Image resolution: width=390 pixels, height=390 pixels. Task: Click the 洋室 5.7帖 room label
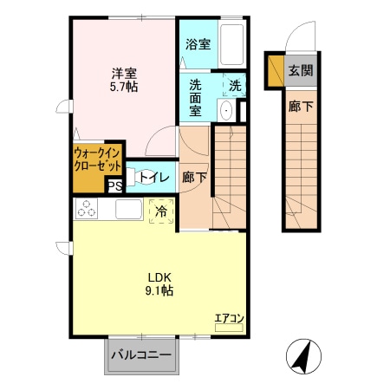click(124, 80)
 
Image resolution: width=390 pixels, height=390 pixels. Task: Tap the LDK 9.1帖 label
click(159, 284)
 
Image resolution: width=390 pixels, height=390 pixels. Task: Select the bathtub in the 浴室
click(231, 44)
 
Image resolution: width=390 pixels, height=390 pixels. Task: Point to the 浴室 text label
click(198, 44)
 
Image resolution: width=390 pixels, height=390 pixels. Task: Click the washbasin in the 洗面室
click(226, 110)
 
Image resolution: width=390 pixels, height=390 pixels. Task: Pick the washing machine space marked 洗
click(235, 85)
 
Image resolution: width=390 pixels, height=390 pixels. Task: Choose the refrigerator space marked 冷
click(161, 211)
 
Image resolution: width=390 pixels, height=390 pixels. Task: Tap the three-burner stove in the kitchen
click(87, 208)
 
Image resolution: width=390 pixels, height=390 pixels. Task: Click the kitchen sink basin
click(128, 209)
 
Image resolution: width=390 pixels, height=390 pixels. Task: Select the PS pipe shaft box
click(115, 186)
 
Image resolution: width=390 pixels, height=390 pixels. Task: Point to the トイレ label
click(154, 177)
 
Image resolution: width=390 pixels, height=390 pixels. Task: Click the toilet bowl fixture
click(133, 177)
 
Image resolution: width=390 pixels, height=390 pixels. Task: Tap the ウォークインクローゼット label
click(97, 159)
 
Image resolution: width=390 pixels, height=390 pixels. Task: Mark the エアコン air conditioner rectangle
click(229, 328)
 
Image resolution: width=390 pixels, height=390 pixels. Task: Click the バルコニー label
click(141, 354)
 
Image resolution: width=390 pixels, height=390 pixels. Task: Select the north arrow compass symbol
click(303, 356)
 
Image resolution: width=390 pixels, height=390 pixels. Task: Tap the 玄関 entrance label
click(301, 70)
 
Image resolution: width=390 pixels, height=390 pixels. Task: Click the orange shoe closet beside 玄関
click(276, 70)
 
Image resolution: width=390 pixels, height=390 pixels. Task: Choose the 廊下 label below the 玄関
click(301, 107)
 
